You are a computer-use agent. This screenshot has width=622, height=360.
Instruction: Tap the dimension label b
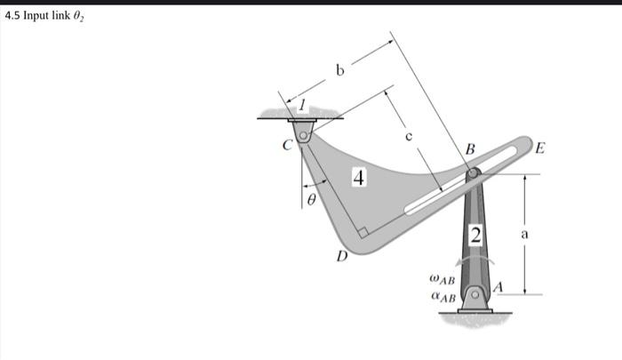(x=339, y=70)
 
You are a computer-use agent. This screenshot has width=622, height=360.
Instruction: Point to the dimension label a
(x=525, y=236)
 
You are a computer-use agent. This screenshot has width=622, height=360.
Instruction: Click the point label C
(x=287, y=147)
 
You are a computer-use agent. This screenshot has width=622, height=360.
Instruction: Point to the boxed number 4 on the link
(x=358, y=179)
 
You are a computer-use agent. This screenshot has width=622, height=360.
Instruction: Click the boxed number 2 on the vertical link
(x=476, y=235)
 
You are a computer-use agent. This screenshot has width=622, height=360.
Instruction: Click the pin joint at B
(x=474, y=172)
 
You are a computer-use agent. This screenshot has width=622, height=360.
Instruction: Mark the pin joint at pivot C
(x=303, y=136)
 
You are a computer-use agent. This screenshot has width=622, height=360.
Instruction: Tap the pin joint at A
(x=474, y=293)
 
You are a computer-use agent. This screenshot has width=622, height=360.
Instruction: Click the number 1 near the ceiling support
(x=301, y=106)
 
